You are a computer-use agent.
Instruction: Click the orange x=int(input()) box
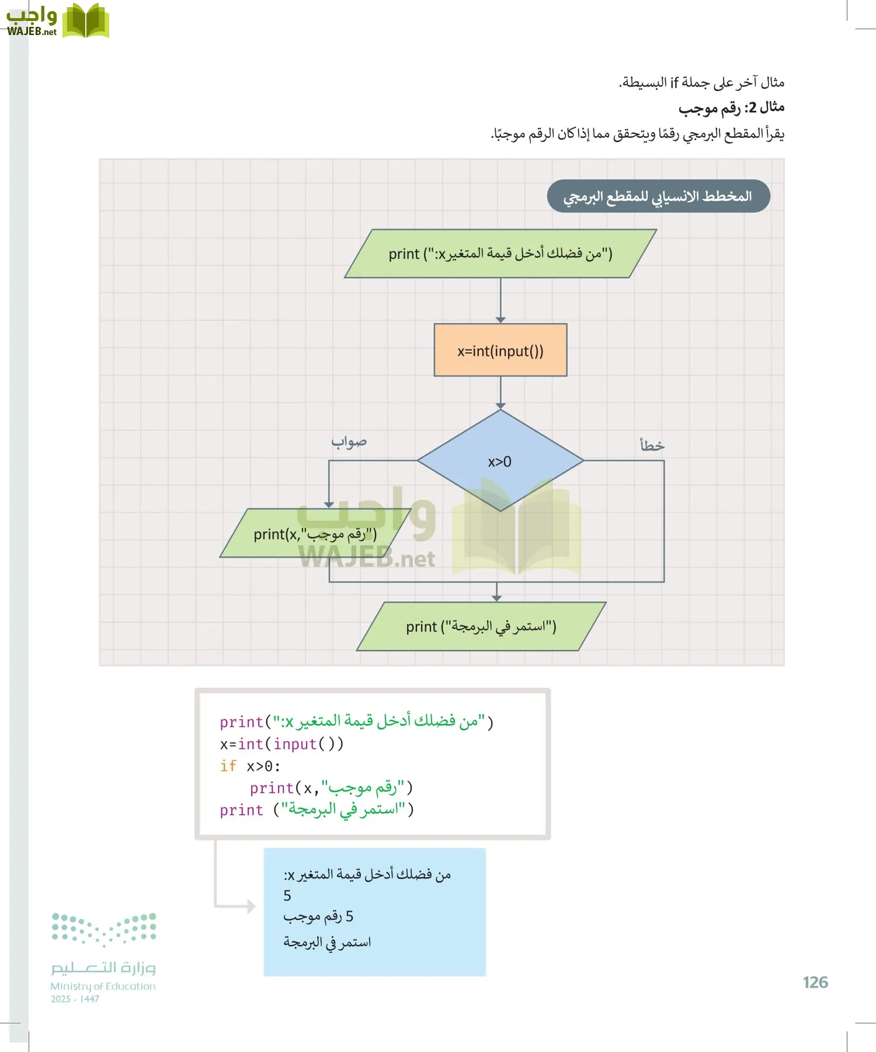[x=500, y=350]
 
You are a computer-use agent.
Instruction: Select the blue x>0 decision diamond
[x=500, y=461]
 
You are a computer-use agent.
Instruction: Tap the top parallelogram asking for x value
[x=500, y=254]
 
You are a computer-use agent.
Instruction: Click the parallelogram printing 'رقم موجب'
[x=315, y=534]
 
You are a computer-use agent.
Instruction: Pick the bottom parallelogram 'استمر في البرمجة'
[x=481, y=627]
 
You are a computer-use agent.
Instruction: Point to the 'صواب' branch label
[x=349, y=442]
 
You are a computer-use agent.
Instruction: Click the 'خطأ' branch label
[x=652, y=445]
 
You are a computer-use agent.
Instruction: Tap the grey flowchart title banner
[x=658, y=196]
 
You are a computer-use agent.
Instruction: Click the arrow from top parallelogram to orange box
[x=500, y=299]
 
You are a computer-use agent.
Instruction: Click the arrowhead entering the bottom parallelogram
[x=496, y=597]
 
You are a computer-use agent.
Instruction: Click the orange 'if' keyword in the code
[x=228, y=766]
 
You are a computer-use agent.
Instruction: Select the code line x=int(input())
[x=281, y=744]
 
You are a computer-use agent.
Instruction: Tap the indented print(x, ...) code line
[x=331, y=788]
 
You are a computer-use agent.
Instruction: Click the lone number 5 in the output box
[x=287, y=895]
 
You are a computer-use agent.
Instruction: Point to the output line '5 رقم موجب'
[x=318, y=916]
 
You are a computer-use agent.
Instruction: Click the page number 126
[x=815, y=982]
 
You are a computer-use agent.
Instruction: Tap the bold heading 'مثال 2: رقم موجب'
[x=731, y=108]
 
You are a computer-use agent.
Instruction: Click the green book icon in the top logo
[x=86, y=21]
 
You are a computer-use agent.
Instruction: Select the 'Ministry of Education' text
[x=103, y=986]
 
